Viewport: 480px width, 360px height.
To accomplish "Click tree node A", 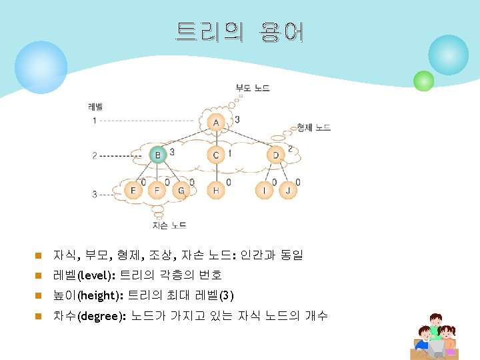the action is coord(216,123).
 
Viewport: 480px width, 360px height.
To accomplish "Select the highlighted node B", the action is coord(157,155).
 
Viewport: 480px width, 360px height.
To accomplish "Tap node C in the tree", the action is coord(216,155).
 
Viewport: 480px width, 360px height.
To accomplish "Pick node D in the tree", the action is coord(276,155).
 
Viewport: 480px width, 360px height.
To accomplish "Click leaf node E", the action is coord(133,191).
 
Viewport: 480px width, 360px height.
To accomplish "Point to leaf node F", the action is coord(157,191).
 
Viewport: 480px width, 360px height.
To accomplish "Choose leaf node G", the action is coord(181,191).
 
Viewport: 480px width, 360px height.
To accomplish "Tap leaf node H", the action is coord(216,191).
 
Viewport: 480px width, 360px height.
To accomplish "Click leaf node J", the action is coord(288,191).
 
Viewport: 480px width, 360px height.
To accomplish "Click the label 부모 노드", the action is coord(253,88).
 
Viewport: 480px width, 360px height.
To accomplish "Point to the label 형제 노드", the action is coord(313,127).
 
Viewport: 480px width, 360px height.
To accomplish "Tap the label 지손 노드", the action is coord(169,225).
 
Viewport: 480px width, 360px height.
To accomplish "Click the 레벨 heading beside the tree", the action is coord(95,107).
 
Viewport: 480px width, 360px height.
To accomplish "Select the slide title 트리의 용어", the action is coord(239,32).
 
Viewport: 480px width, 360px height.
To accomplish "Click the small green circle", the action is coord(423,81).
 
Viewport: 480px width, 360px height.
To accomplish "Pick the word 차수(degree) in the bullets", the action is coord(89,316).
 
